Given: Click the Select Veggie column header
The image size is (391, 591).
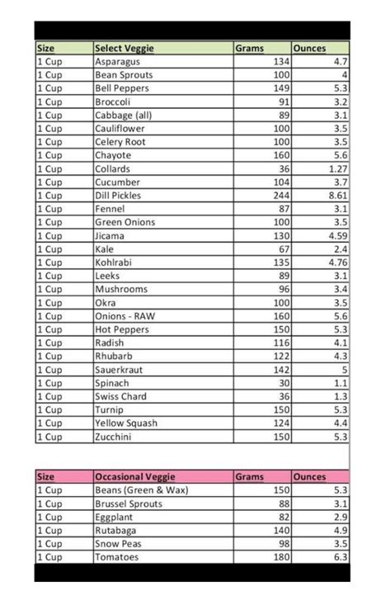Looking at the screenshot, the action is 125,49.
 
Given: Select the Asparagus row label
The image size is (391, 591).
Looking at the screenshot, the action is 117,62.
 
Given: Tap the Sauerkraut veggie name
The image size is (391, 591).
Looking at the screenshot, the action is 120,370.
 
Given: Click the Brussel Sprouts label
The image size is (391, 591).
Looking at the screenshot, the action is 130,504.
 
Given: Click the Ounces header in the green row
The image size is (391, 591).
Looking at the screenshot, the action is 310,49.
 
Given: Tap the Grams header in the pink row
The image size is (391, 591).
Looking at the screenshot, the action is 250,477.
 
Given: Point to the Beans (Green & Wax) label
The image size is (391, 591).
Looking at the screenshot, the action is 141,490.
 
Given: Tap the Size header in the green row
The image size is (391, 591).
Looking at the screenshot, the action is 46,49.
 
